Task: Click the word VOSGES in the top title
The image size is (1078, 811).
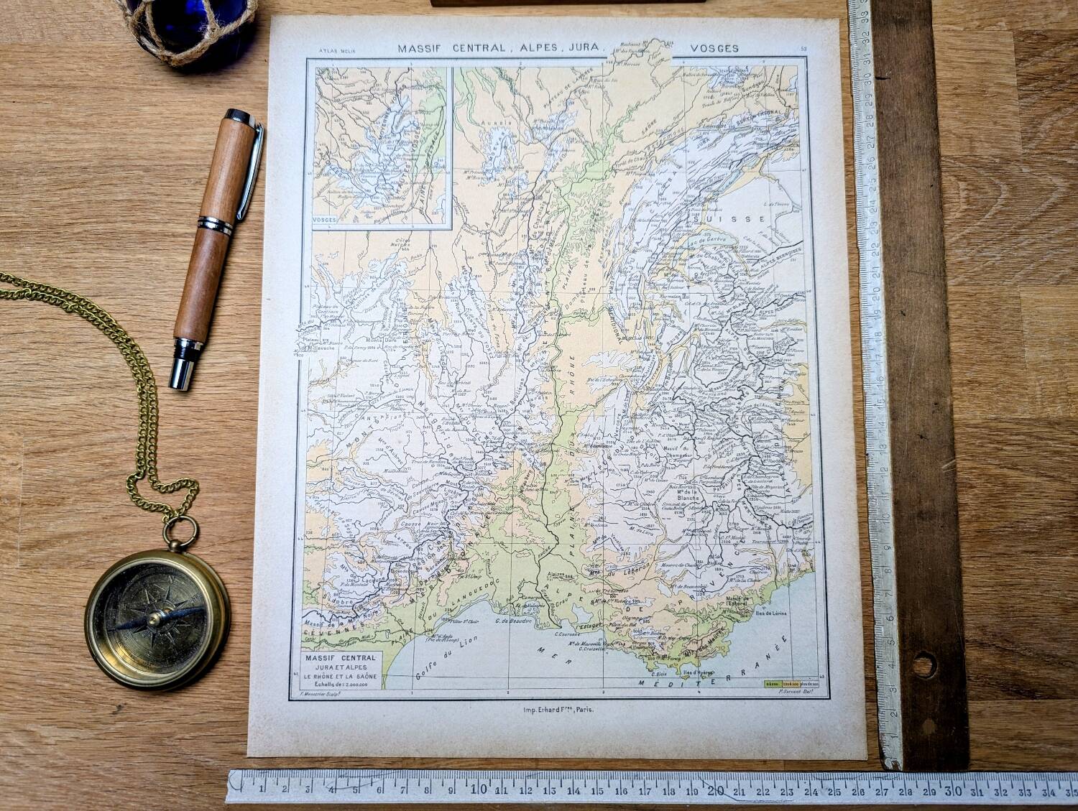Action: tap(714, 48)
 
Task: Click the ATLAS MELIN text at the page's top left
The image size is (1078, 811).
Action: tap(327, 50)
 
